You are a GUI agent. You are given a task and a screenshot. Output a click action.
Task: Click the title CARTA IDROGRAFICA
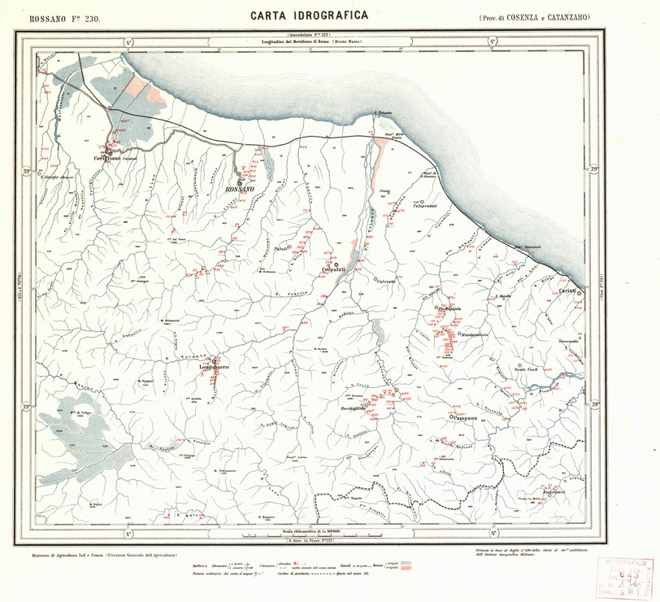point(309,15)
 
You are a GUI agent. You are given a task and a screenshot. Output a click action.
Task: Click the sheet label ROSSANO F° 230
point(64,17)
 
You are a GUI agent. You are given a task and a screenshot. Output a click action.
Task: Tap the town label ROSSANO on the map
point(239,188)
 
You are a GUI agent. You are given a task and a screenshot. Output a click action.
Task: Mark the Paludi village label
point(281,250)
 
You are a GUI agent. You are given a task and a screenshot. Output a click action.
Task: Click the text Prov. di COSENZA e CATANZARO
point(534,17)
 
